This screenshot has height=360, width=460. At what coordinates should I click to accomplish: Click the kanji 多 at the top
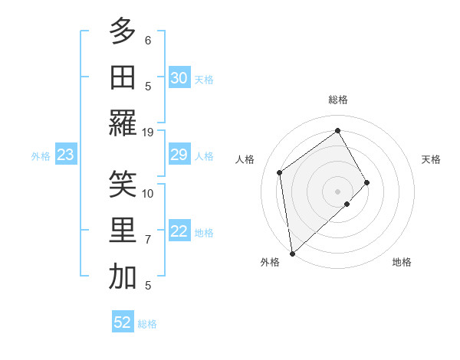coord(123,32)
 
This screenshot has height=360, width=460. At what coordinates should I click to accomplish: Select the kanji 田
coord(123,77)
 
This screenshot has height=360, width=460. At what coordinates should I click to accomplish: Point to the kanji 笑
coord(123,185)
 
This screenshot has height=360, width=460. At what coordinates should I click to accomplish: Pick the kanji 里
coord(123,231)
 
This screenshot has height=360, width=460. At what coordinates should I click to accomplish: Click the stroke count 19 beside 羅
coord(148,132)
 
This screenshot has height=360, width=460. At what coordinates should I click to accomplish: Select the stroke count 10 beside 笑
coord(148,193)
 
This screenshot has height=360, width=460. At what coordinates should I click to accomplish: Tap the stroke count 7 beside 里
coord(148,240)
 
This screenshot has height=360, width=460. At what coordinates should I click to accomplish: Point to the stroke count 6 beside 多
coord(148,40)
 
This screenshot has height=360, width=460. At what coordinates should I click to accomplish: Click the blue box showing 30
coord(179,78)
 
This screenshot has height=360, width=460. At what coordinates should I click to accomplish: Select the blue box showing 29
coord(179,155)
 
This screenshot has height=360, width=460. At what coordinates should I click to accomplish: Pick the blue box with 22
coord(179,232)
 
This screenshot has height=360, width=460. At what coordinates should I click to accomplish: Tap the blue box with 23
coord(66,155)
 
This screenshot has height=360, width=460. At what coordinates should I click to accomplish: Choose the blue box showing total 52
coord(123,322)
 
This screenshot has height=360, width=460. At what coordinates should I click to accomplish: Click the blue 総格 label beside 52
coord(147,324)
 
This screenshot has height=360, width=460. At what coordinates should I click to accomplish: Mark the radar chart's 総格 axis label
coord(338,100)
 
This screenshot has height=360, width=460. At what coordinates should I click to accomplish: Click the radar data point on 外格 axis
coord(292,253)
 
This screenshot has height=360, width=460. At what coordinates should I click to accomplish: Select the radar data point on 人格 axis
coord(280,172)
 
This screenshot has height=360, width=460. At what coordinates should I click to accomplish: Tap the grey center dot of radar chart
coord(338,190)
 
